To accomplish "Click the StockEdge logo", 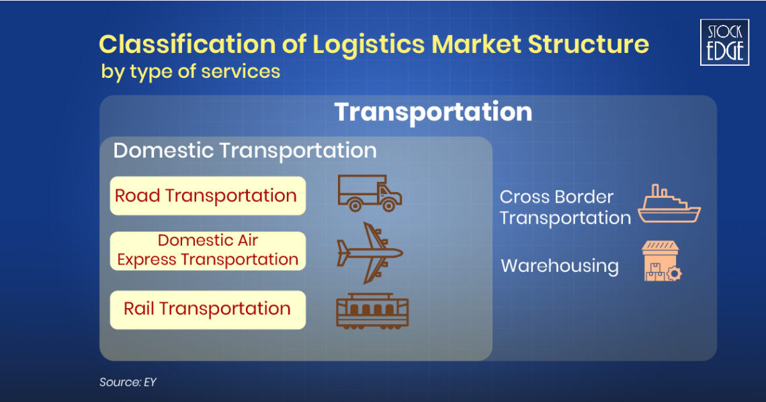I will (724, 42).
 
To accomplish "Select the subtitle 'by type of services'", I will (191, 71).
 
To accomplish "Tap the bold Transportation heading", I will (433, 111).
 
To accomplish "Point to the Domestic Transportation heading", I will (245, 150).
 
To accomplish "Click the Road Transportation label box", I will (207, 196).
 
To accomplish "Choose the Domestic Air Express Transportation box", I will (207, 250).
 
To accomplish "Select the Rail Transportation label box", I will (207, 309).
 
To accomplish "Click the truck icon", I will (369, 193).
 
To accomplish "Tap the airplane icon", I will (369, 253).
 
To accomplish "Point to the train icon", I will (372, 310).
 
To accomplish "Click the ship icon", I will (669, 205).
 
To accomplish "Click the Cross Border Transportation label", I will (564, 207).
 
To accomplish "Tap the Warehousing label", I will (559, 266).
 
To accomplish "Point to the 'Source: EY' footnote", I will (128, 382).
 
